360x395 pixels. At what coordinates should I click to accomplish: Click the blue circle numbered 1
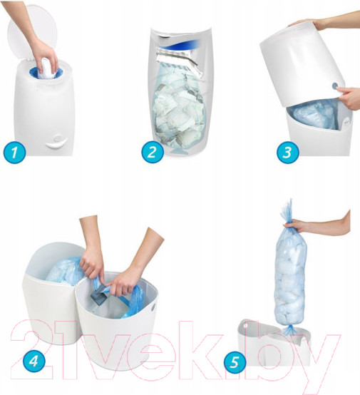(14, 153)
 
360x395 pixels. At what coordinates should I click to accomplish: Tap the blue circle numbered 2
(153, 152)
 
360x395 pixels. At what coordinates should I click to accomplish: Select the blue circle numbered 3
(288, 153)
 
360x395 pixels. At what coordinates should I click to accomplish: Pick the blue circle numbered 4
(34, 361)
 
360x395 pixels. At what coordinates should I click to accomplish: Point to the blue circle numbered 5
(235, 362)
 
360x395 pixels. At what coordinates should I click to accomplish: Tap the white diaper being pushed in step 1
(46, 68)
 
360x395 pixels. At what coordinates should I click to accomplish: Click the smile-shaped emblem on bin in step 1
(57, 142)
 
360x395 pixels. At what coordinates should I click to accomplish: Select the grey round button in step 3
(335, 86)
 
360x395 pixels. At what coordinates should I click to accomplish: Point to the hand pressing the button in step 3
(350, 98)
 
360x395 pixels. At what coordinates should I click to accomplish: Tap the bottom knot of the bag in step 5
(290, 329)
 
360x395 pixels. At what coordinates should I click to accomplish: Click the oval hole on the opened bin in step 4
(153, 307)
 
